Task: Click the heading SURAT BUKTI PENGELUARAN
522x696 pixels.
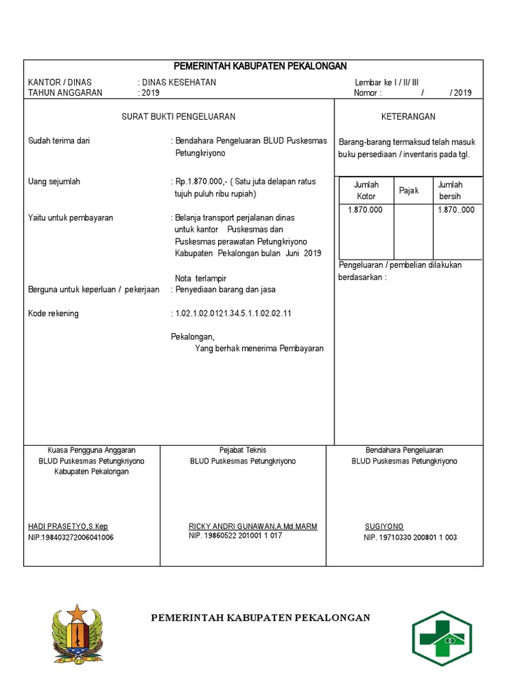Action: (178, 117)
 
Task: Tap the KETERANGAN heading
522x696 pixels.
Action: (408, 117)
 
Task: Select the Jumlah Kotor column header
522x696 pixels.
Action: (366, 190)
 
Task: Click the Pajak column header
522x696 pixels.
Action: (408, 190)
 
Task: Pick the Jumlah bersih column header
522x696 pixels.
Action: (450, 190)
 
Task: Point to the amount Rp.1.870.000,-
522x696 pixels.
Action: (201, 182)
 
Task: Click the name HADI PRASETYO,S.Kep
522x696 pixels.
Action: (68, 527)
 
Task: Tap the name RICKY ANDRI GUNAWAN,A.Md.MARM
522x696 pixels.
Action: (253, 527)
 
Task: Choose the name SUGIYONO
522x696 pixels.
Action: (384, 527)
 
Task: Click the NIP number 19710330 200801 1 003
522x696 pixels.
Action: (411, 538)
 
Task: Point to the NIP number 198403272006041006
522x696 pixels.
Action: (71, 538)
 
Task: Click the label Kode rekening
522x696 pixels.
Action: (53, 313)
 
